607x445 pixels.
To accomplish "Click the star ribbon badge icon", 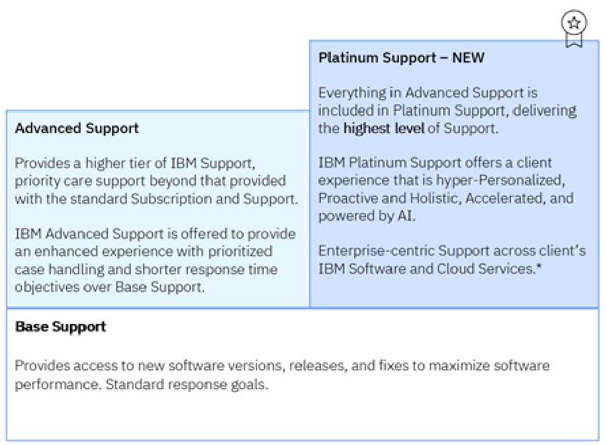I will point(573,27).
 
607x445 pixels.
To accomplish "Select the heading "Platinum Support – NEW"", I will point(401,58).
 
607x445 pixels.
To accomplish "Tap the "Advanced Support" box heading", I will point(77,128).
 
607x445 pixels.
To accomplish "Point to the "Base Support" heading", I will point(60,327).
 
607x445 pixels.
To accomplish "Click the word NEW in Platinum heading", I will point(468,58).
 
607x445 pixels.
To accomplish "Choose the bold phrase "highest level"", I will point(384,128).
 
